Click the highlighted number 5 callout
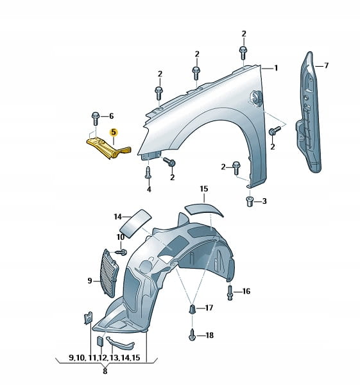(114, 133)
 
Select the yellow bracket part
(108, 148)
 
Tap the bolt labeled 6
(96, 118)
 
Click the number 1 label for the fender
(276, 68)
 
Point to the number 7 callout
(326, 66)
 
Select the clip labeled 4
(148, 172)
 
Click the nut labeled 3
(250, 202)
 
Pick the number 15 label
(204, 189)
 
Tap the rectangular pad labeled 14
(135, 224)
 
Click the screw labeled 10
(121, 252)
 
